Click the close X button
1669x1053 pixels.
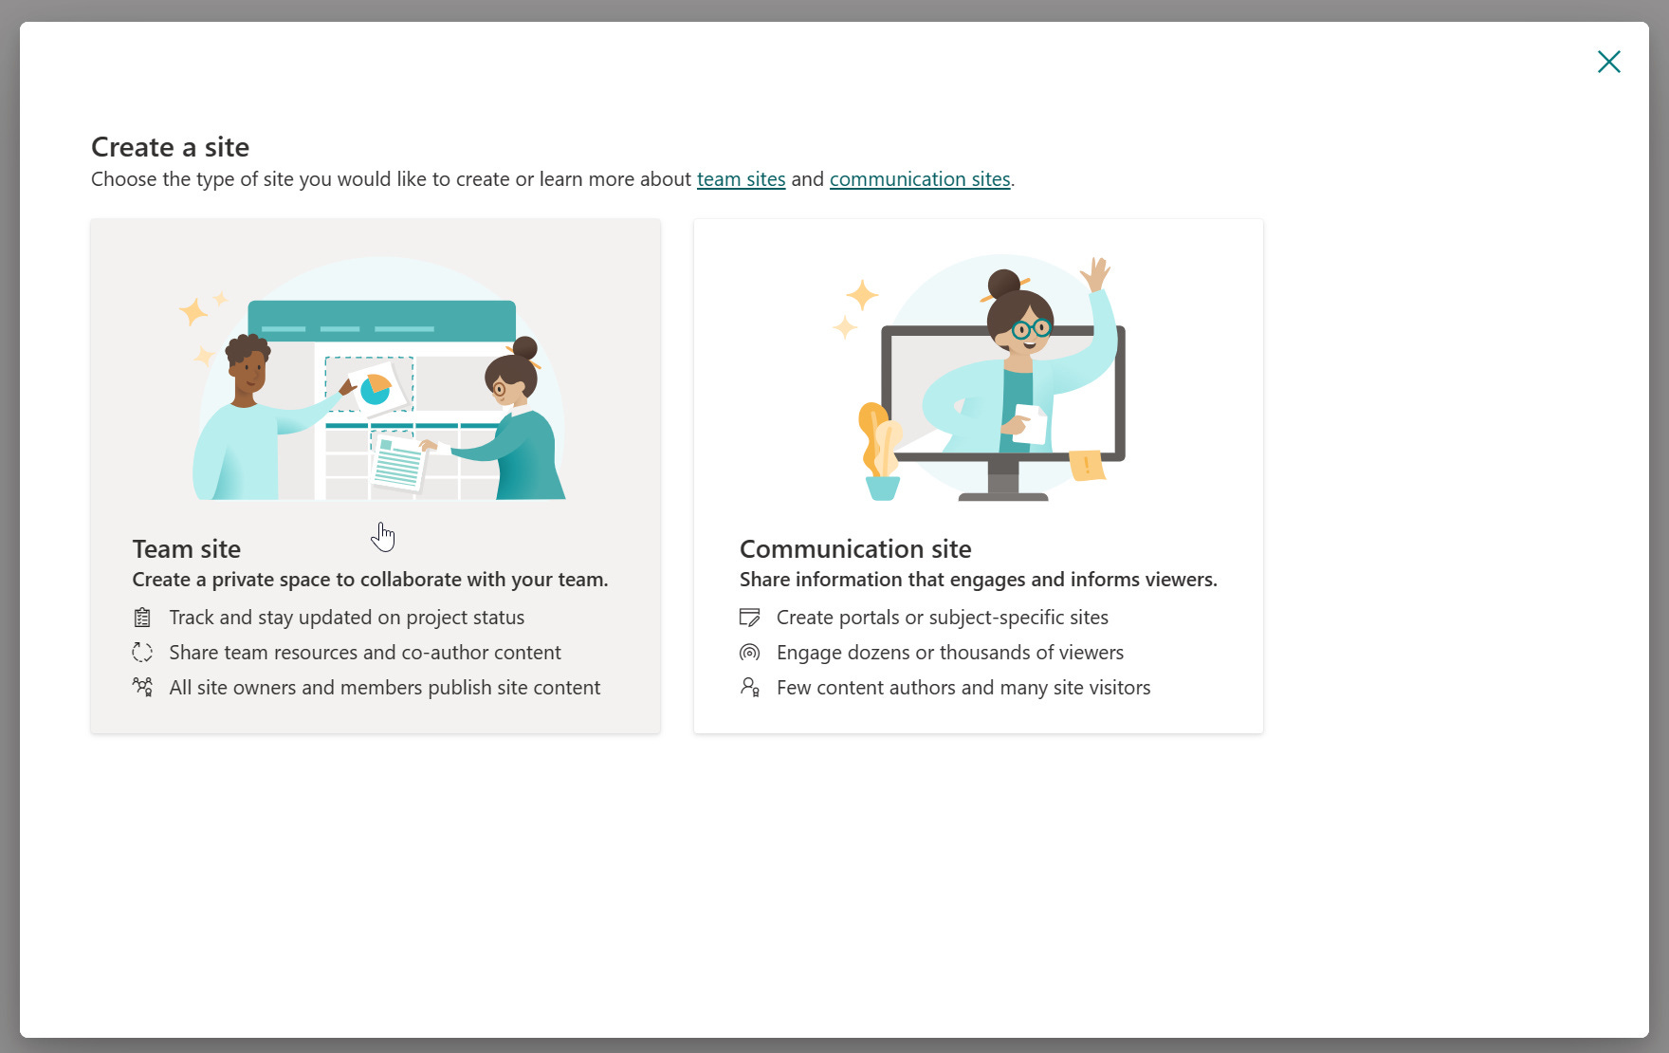pos(1608,62)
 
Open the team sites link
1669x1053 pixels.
pos(741,179)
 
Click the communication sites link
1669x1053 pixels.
pos(920,179)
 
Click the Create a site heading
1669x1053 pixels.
pos(170,147)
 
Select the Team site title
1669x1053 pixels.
pos(187,549)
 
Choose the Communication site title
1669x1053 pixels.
pos(855,549)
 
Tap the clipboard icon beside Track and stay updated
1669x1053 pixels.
pos(142,618)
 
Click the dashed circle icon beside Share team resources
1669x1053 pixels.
pos(142,653)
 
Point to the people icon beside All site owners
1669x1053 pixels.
pos(142,687)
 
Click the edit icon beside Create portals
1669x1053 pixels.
pos(749,618)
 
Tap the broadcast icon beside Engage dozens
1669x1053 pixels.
pos(749,653)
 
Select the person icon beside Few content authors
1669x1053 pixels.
pos(749,687)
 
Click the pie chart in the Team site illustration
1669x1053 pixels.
pos(376,389)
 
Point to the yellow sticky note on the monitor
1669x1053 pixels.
pos(1087,465)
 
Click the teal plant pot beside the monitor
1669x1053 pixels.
pos(883,488)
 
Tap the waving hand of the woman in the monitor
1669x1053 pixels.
pos(1096,274)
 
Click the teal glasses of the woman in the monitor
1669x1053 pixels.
pos(1031,329)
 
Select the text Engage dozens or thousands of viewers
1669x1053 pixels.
pos(950,653)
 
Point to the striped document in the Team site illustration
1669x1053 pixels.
pos(398,463)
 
